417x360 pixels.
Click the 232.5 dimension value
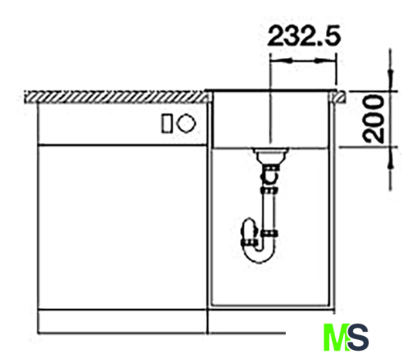pyautogui.click(x=303, y=36)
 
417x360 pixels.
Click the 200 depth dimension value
pyautogui.click(x=374, y=119)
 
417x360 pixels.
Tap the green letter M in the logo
pyautogui.click(x=336, y=338)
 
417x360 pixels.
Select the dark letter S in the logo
pyautogui.click(x=358, y=338)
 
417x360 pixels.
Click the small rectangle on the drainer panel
pyautogui.click(x=167, y=124)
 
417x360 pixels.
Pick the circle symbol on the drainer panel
pyautogui.click(x=186, y=123)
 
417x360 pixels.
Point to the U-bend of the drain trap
pyautogui.click(x=259, y=253)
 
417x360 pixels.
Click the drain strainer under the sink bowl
pyautogui.click(x=270, y=155)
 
